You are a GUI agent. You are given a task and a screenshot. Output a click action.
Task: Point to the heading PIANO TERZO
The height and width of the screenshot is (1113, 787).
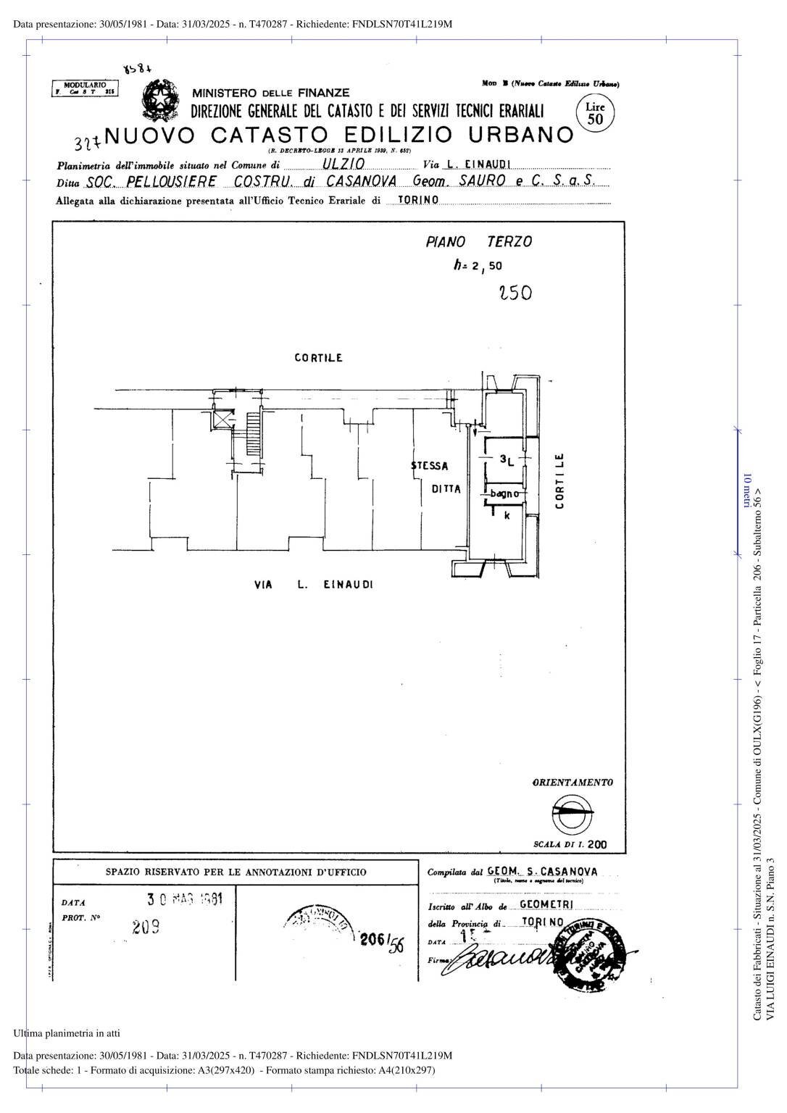click(478, 242)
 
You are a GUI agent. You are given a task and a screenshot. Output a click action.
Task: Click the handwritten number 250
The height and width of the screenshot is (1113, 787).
click(515, 293)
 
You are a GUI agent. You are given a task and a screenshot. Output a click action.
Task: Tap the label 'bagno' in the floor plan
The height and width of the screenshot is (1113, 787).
click(504, 494)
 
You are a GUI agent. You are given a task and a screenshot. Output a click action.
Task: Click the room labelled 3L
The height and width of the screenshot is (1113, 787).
click(507, 459)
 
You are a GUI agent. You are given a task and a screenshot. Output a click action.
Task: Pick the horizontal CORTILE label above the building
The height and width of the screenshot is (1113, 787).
click(318, 358)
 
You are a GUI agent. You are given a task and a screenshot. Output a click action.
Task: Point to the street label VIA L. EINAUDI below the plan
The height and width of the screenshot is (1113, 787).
click(313, 585)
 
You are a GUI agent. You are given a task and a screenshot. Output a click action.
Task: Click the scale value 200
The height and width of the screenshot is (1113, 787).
click(597, 845)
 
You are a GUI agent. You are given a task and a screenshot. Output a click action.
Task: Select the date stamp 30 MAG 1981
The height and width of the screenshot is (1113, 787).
click(185, 900)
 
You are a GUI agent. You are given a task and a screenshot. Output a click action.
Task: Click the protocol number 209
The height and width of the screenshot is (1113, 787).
click(146, 927)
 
